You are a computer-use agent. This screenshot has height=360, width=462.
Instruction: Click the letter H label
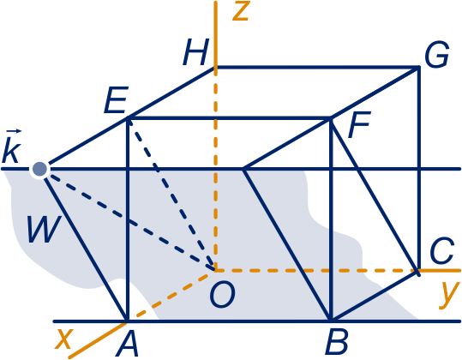(196, 52)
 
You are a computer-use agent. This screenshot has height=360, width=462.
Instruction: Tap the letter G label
(437, 55)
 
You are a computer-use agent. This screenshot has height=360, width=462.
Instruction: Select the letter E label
(117, 100)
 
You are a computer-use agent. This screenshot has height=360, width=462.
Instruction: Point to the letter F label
(359, 124)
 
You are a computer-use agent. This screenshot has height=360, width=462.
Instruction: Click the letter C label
(441, 250)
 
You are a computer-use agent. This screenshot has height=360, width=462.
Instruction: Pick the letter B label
(337, 342)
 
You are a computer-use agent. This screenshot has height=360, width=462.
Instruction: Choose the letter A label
(127, 343)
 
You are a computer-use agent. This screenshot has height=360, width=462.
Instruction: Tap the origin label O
(223, 294)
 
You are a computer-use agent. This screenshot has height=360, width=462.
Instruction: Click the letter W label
(45, 229)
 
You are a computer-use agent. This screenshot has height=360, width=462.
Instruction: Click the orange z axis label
(242, 11)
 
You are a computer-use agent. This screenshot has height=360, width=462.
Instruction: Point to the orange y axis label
(449, 295)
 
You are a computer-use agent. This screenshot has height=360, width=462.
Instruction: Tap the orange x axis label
(64, 339)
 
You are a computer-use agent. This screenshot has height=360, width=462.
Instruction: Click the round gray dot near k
(39, 169)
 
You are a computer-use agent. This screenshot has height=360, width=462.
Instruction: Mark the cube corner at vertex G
(418, 68)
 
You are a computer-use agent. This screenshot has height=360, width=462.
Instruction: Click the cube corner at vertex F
(331, 118)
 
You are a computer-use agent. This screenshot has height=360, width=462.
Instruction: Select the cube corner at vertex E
(128, 118)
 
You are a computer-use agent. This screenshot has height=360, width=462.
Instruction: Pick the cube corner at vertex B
(331, 321)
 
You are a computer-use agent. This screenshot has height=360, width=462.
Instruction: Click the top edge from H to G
(317, 68)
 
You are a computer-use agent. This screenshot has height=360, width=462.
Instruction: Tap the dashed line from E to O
(171, 194)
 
